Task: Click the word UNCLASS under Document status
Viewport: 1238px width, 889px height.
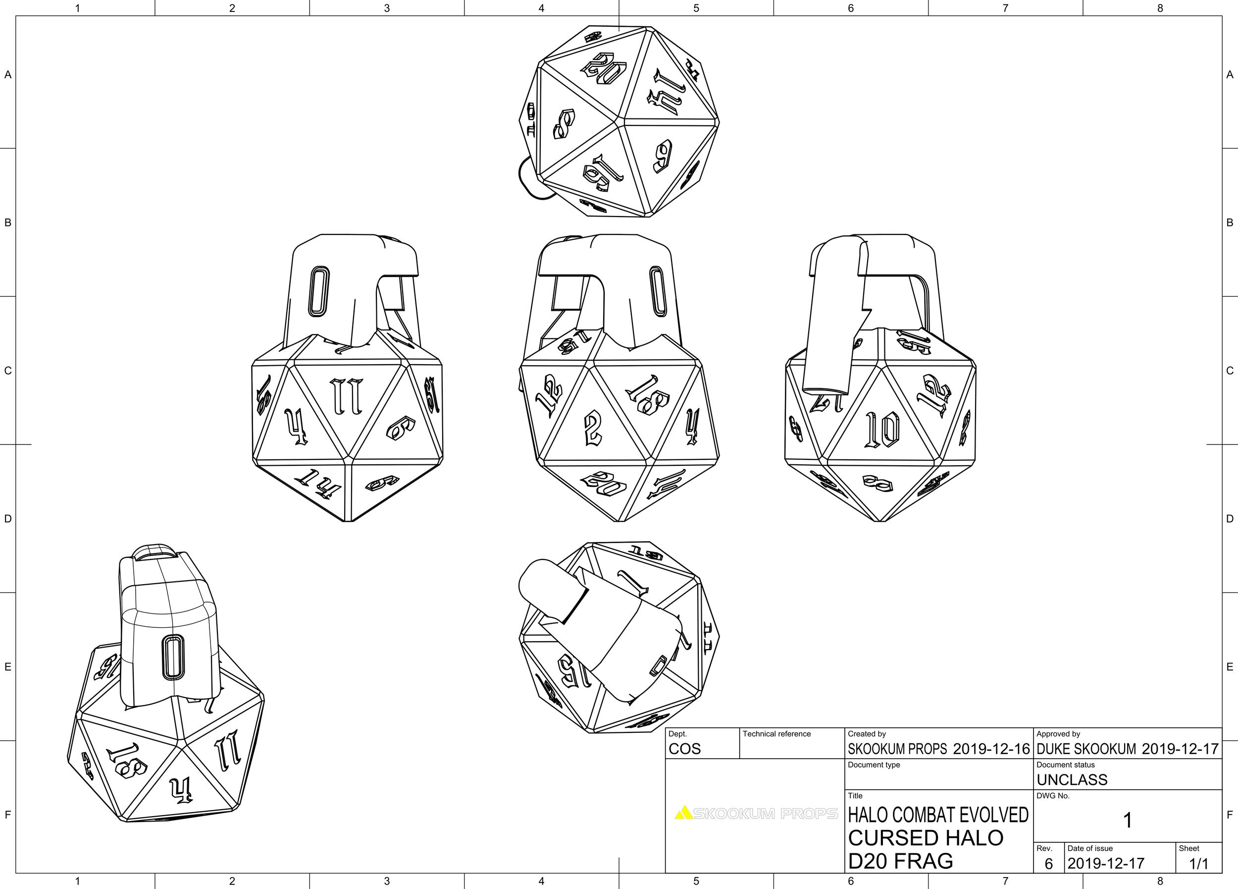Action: point(1072,780)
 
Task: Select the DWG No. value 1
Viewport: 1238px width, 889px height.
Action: point(1127,820)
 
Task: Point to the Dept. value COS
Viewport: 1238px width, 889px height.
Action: point(684,749)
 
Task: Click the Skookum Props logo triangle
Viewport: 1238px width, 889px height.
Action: point(683,813)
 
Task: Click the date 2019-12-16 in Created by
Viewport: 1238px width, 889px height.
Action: point(991,749)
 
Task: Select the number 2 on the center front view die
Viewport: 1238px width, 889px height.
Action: point(593,429)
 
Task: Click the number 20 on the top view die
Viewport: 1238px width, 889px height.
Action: point(604,69)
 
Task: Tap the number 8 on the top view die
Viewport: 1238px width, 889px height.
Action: point(564,124)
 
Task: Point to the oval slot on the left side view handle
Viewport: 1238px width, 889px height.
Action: point(319,291)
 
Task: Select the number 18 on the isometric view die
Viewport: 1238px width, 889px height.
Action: point(127,761)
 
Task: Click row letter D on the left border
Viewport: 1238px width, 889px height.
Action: point(7,518)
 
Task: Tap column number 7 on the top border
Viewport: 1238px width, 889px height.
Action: point(1005,7)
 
